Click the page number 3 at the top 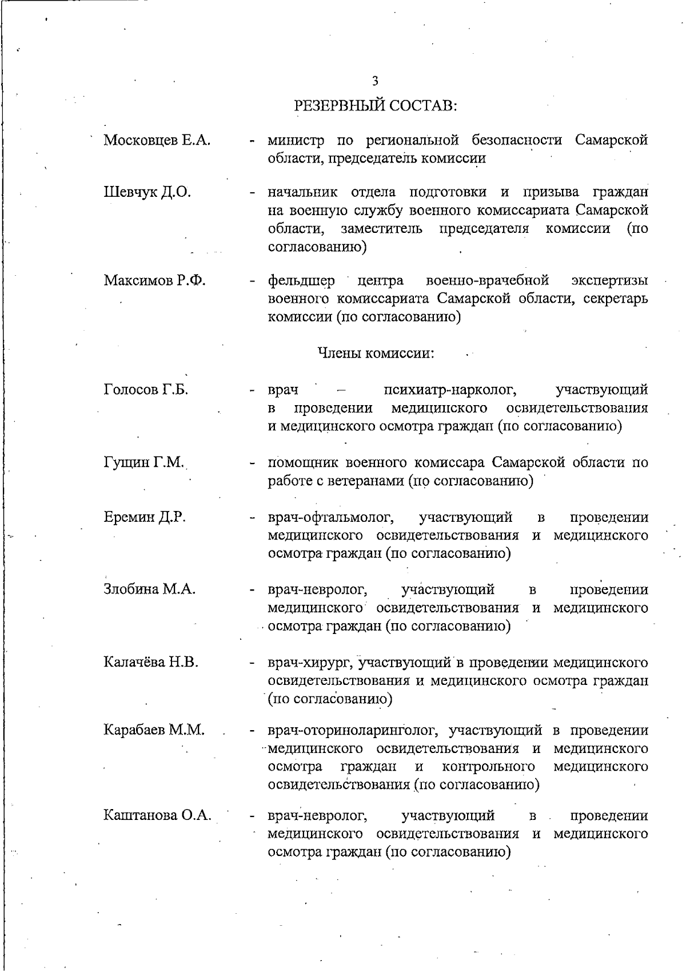(375, 81)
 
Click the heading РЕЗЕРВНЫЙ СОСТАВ (375, 106)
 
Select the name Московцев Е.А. (157, 140)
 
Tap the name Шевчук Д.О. (147, 192)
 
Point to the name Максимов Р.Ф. (155, 280)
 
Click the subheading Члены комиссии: (376, 353)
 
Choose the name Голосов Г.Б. (146, 390)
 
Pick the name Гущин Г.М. (144, 462)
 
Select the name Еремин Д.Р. (145, 517)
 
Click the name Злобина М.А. (150, 589)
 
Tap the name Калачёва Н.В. (151, 663)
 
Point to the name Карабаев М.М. (154, 730)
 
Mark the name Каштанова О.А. (158, 815)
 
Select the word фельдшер (302, 281)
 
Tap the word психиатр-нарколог (450, 390)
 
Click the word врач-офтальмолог (332, 517)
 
